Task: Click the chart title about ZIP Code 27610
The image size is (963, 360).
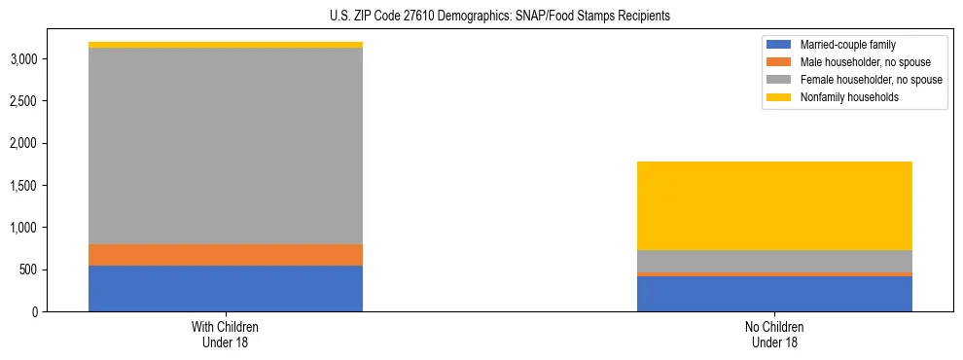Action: (481, 17)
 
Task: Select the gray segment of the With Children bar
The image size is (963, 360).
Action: (226, 146)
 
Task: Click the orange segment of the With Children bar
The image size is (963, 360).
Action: (226, 255)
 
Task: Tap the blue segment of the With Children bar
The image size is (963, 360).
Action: (226, 288)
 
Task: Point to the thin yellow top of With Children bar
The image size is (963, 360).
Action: (226, 45)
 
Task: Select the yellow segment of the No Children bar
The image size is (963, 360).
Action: (774, 205)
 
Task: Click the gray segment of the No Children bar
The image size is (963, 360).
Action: (774, 261)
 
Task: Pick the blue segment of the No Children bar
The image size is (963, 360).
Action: (774, 294)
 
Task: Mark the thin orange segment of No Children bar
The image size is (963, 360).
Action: (774, 274)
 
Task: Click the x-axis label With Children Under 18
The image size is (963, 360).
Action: (226, 334)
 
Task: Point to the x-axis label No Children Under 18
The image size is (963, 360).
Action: (774, 334)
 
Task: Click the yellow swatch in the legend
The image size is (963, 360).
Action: (780, 97)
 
